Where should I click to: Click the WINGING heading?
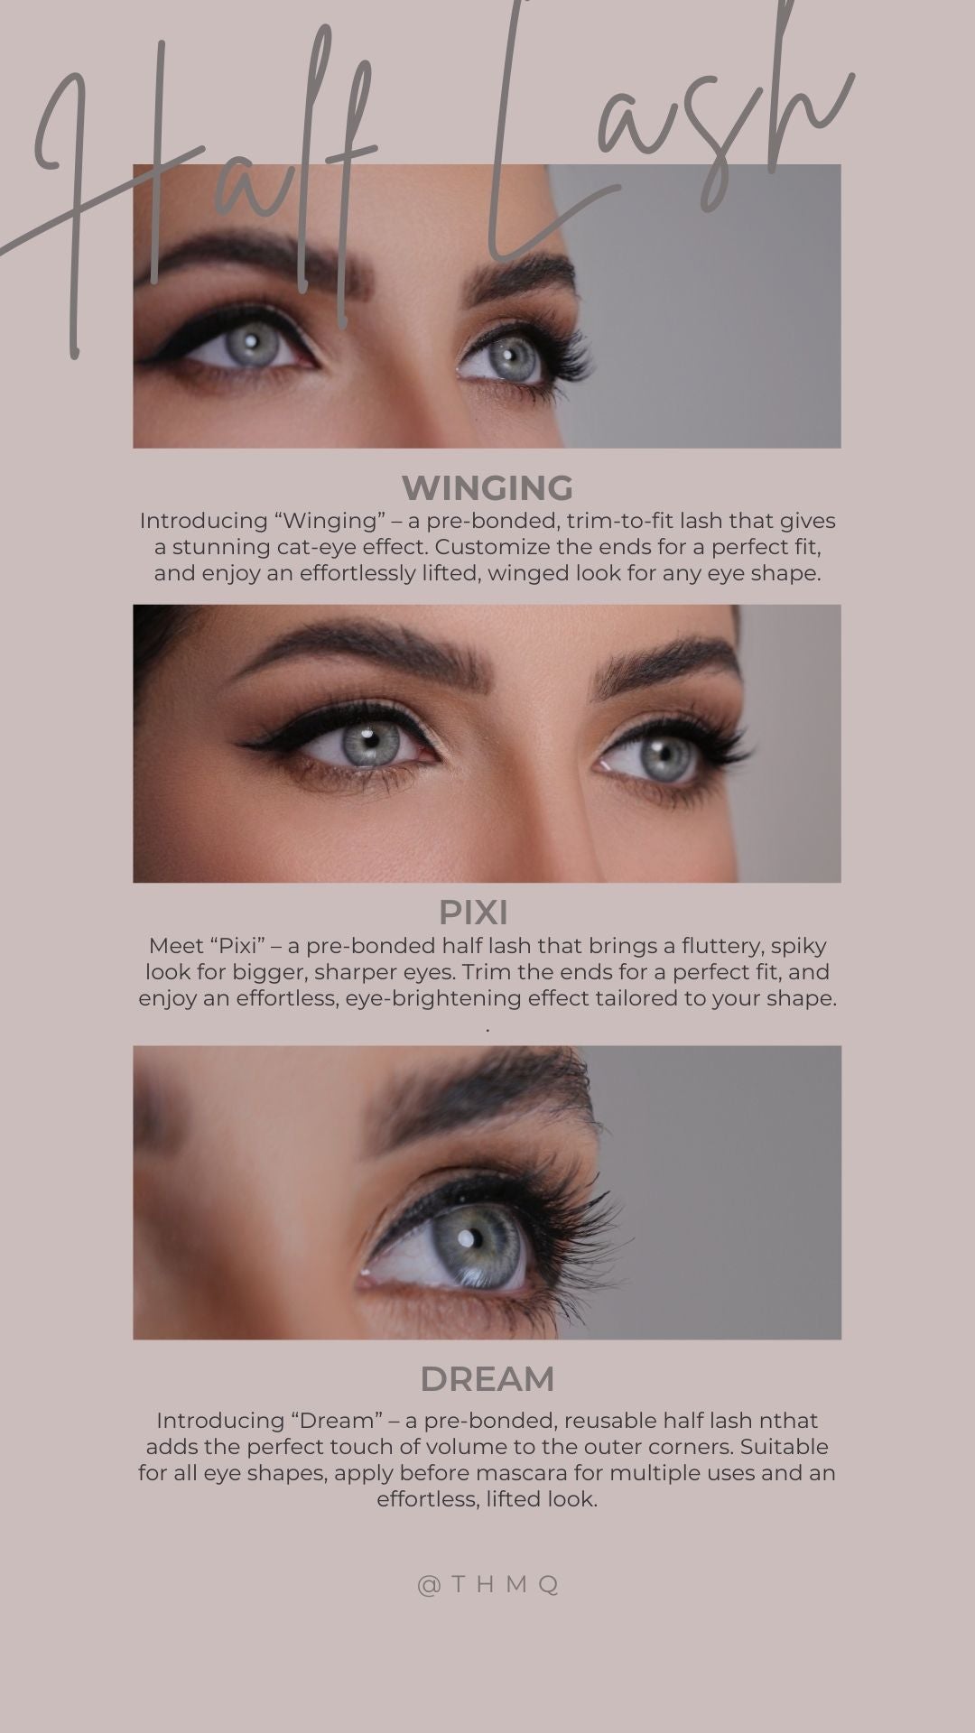487,488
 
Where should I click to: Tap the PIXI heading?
473,913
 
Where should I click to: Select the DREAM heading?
487,1379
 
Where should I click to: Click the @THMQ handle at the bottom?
488,1585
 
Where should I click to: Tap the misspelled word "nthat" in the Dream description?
788,1421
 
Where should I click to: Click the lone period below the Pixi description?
487,1029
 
